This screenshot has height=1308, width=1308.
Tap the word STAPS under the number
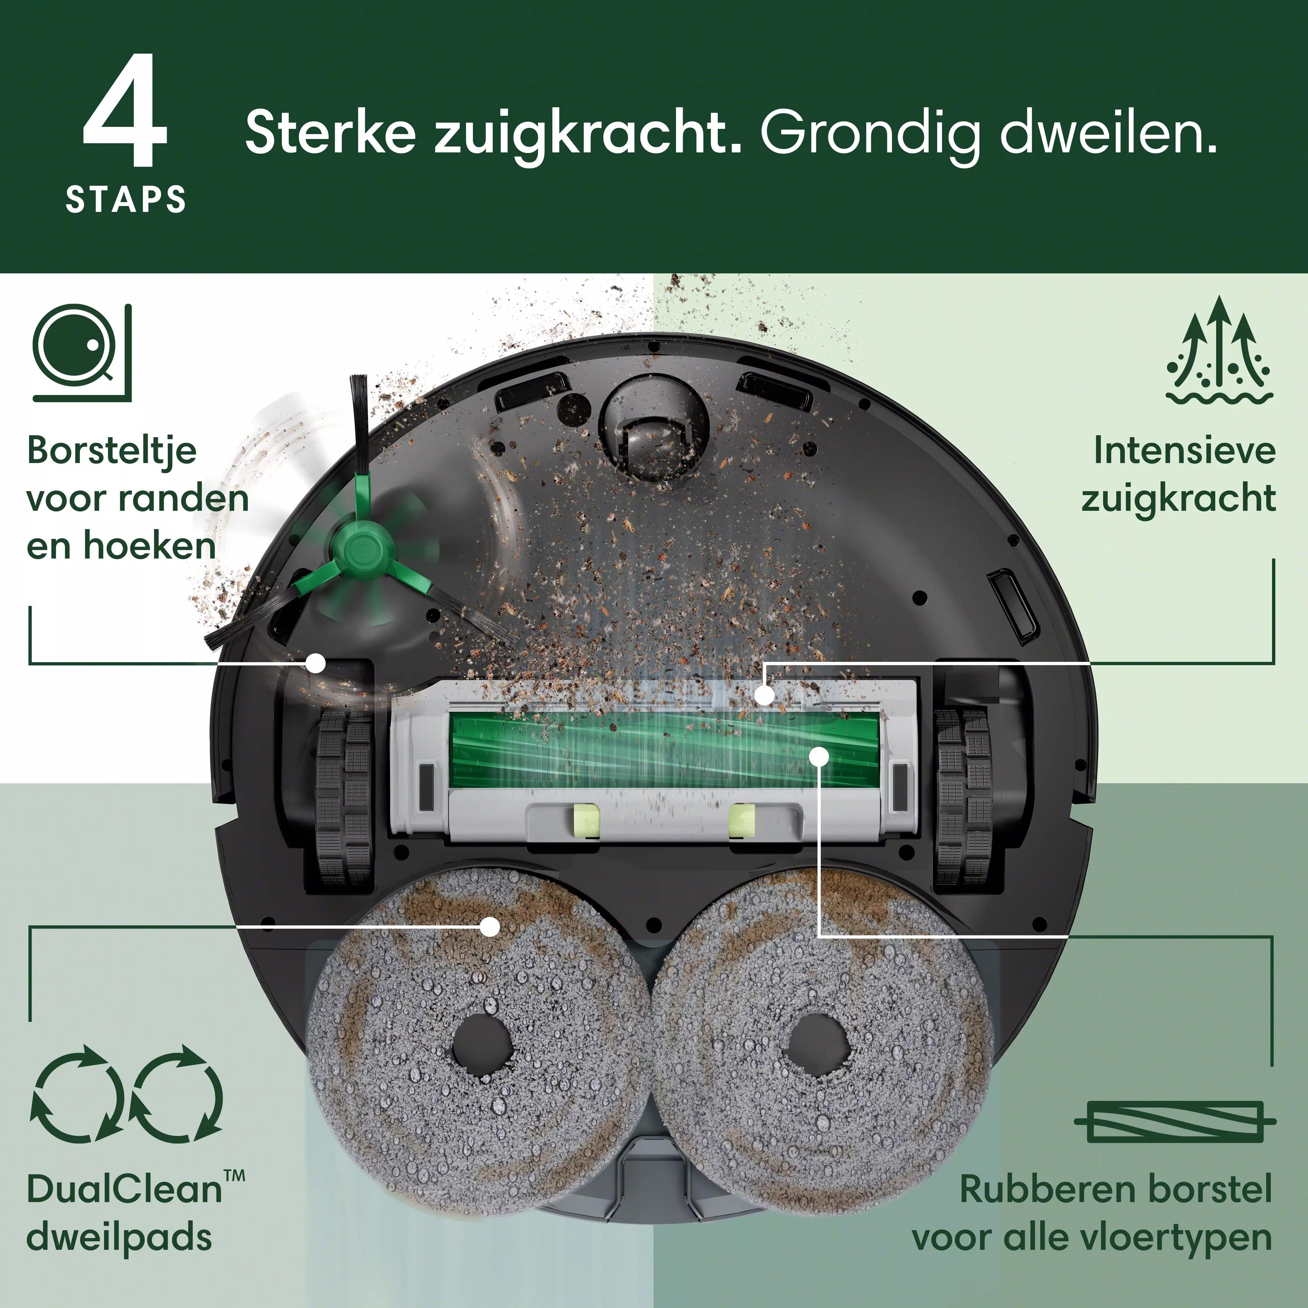click(126, 200)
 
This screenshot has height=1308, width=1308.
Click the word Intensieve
click(1185, 450)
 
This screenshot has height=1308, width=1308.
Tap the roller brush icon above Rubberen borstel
click(1175, 1121)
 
